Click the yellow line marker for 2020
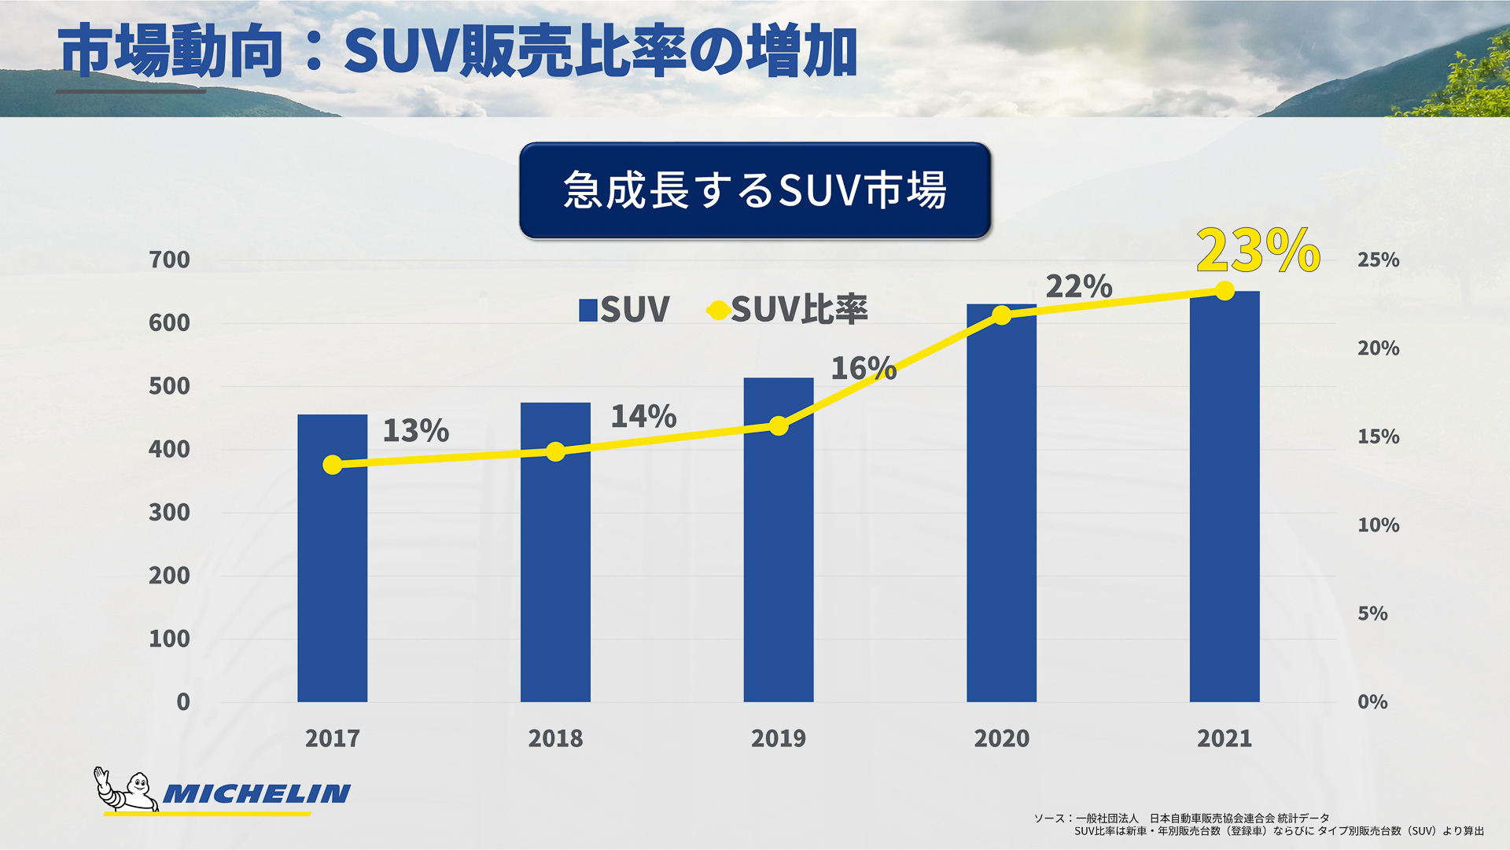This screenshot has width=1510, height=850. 1001,315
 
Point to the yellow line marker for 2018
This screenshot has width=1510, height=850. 555,451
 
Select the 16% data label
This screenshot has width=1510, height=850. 863,368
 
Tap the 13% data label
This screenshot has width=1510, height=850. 415,430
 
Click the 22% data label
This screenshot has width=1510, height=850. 1078,286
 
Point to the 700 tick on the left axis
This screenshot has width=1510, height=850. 169,259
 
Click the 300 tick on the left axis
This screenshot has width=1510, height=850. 169,513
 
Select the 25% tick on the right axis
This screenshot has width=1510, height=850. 1378,259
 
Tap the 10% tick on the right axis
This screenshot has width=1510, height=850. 1378,524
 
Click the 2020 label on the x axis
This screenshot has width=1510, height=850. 1001,738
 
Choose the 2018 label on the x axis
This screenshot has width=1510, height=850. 555,738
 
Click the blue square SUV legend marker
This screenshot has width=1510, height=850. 587,310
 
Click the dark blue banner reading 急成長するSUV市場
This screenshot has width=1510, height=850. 754,190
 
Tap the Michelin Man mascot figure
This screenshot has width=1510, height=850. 127,790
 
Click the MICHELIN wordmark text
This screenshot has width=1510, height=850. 256,794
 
